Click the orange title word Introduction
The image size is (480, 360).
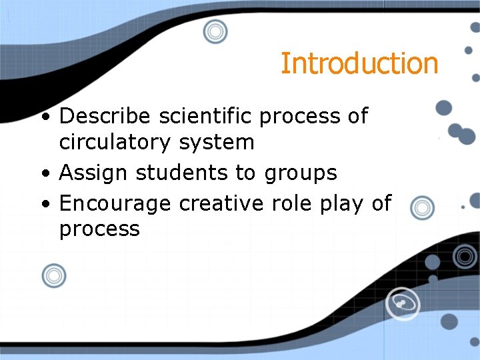359,63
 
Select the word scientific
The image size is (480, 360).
206,116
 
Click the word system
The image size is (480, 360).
221,142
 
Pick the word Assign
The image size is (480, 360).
93,173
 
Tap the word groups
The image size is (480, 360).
301,173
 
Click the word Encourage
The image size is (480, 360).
115,203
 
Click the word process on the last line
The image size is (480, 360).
99,229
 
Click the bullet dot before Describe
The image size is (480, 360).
44,117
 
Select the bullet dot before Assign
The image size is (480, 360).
44,174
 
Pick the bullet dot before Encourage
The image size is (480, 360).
44,204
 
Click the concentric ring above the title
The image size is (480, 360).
215,31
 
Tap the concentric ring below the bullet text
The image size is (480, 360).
54,275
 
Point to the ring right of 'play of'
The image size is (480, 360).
421,207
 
